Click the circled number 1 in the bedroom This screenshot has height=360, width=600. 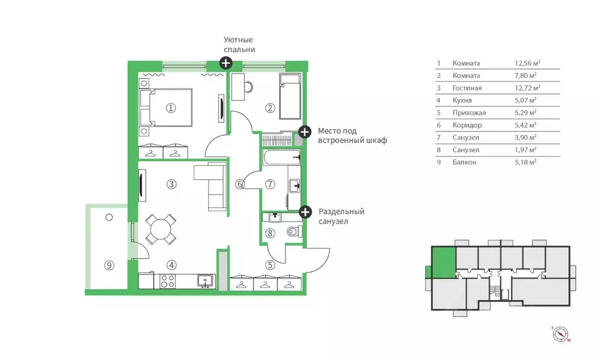click(171, 108)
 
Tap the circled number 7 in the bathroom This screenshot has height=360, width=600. click(270, 185)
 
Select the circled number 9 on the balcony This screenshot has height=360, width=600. click(109, 265)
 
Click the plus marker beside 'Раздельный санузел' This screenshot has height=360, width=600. click(305, 212)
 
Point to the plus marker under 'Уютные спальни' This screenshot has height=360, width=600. click(226, 63)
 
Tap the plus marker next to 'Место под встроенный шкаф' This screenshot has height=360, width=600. click(304, 133)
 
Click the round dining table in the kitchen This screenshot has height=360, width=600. click(161, 229)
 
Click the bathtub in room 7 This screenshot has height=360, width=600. click(282, 157)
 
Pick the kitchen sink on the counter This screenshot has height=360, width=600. click(206, 281)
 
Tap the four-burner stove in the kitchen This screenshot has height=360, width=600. click(168, 281)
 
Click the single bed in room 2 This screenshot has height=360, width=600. click(290, 97)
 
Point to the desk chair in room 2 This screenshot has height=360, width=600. click(248, 87)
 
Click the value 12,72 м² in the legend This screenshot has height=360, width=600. click(527, 88)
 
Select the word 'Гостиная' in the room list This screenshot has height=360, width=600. click(467, 88)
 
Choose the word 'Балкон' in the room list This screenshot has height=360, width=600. click(464, 162)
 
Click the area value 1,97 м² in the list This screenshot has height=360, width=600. click(526, 150)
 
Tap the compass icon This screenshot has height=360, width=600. click(560, 334)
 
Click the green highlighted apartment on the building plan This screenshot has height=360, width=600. click(443, 262)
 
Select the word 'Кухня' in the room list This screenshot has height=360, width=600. click(462, 100)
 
